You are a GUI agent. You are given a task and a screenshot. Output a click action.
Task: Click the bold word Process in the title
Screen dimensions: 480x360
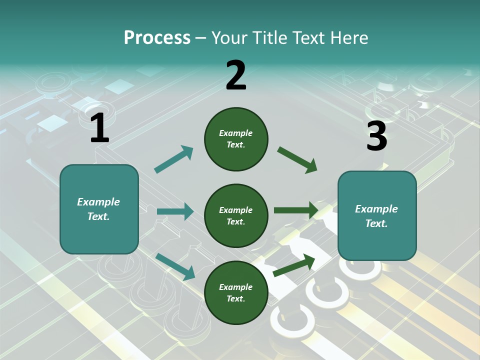157,38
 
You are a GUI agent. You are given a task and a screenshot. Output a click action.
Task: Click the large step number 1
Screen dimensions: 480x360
100,127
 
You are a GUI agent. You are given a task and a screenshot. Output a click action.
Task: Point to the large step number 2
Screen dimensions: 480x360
236,75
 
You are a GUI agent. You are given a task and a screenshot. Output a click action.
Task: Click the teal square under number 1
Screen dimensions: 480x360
99,209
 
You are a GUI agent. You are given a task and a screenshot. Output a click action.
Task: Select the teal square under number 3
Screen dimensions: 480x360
377,216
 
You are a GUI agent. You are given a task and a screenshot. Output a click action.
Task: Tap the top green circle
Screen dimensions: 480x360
236,139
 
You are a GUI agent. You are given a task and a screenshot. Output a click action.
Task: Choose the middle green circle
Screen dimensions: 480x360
236,216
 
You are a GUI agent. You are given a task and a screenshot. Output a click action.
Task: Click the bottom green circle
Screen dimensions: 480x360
236,292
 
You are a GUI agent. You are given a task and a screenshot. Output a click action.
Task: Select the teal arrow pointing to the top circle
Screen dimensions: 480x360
173,159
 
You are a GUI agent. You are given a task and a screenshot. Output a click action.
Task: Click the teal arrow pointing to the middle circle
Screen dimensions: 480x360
175,211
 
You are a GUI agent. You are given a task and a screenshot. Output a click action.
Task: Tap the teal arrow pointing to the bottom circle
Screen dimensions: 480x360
175,267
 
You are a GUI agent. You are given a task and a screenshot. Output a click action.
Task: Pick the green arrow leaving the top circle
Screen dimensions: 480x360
297,160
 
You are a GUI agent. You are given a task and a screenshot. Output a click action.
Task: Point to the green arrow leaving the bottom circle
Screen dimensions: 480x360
294,265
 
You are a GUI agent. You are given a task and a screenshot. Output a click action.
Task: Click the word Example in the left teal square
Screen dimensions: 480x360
98,202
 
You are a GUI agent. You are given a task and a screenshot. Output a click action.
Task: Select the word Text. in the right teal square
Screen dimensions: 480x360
376,223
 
